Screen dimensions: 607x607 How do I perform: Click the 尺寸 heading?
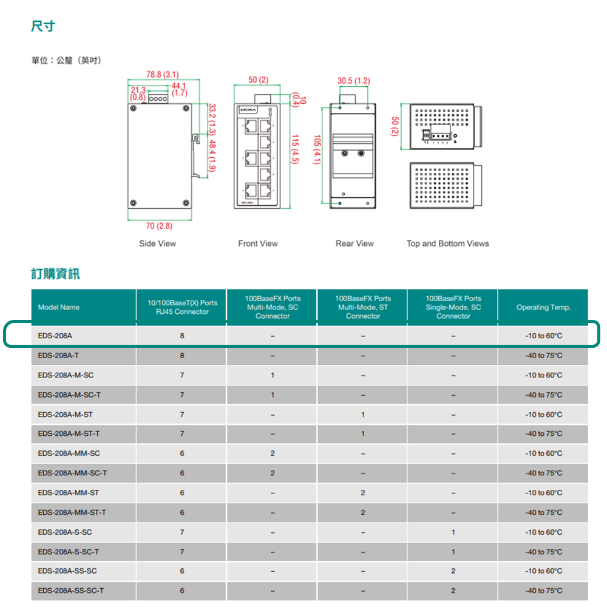(43, 26)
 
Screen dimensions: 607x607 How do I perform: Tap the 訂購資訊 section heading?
(55, 274)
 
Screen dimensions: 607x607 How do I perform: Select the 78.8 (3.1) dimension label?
(162, 75)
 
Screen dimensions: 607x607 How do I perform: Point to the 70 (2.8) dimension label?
(159, 226)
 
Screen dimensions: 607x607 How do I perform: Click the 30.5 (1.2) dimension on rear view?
(354, 81)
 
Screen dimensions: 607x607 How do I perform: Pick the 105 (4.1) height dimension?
(316, 149)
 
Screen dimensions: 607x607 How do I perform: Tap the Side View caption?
(157, 243)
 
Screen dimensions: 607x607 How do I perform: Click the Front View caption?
(258, 243)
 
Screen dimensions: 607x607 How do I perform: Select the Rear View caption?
(354, 243)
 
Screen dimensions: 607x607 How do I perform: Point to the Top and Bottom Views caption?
(447, 243)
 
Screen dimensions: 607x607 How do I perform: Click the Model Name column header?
(58, 307)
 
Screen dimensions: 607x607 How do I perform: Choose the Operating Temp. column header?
(543, 307)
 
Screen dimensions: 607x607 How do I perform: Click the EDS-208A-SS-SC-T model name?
(70, 591)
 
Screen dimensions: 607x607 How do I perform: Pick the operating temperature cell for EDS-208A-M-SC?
(543, 375)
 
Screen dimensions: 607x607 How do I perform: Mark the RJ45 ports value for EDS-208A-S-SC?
(182, 532)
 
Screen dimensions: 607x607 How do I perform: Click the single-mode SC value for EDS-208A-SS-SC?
(453, 571)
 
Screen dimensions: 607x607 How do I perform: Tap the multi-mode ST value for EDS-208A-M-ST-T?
(363, 434)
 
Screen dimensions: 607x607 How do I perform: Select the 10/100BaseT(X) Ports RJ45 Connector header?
(182, 307)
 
